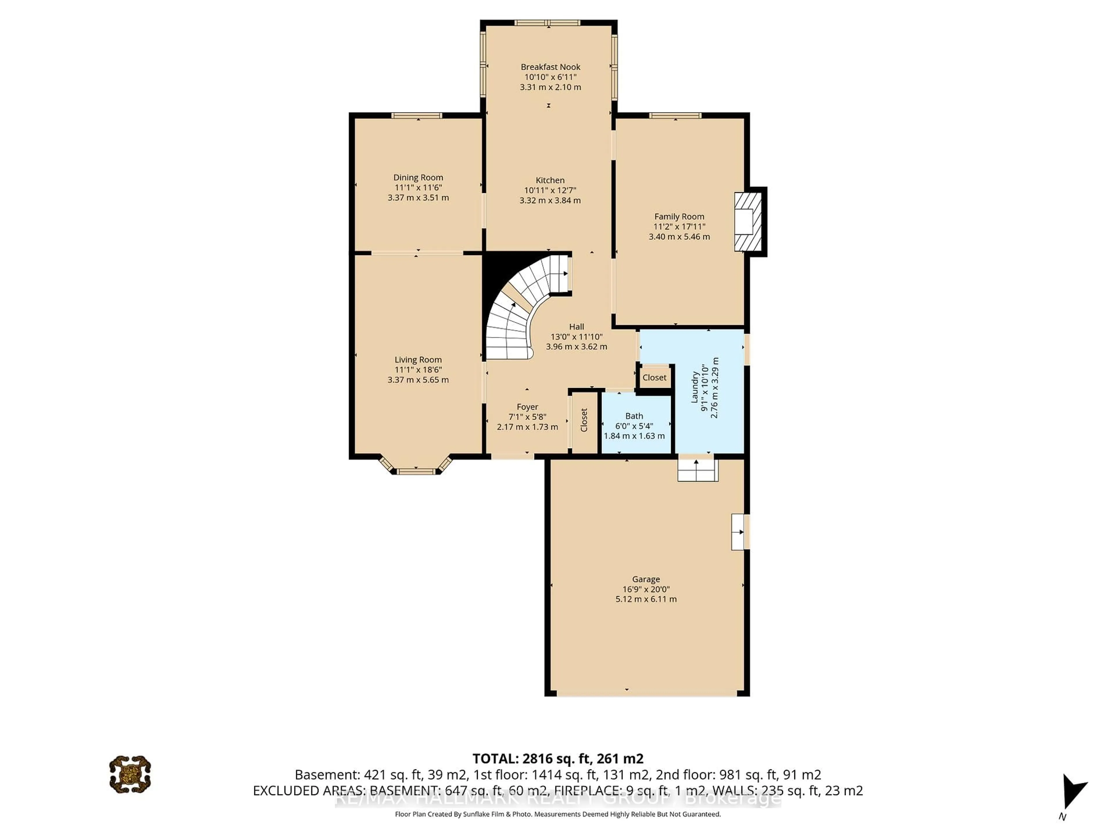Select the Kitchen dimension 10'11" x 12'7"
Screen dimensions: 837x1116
pos(550,190)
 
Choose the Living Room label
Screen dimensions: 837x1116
pos(418,360)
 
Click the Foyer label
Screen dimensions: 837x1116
pos(527,407)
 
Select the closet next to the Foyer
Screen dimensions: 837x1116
pos(584,420)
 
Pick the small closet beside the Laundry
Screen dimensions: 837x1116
pos(654,378)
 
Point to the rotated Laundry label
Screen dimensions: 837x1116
pos(694,387)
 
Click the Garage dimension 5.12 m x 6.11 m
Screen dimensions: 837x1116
pos(646,599)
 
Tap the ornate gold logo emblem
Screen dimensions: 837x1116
pos(130,775)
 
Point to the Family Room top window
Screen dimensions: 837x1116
pos(675,116)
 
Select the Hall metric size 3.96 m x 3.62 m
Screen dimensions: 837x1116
pos(576,347)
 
